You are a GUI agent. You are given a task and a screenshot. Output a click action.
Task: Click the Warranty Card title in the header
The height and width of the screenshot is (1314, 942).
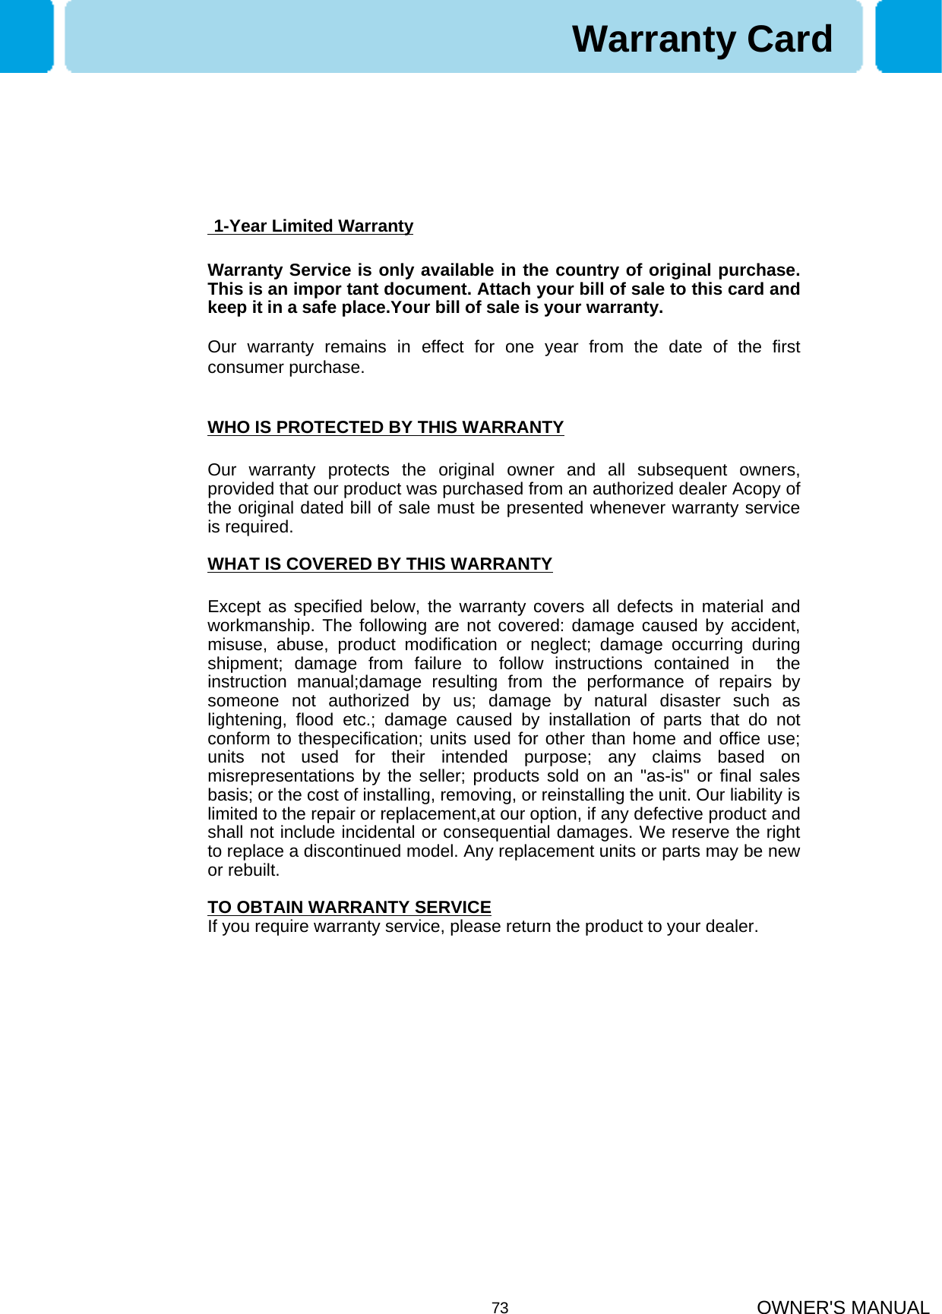702,39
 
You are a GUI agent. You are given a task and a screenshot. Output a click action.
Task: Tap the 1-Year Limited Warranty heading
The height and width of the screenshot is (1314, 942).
312,226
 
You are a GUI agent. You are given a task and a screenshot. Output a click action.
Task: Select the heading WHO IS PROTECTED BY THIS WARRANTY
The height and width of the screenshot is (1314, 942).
385,428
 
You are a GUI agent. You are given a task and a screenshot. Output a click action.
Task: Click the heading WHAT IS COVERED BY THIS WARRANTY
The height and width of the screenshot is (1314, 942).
380,564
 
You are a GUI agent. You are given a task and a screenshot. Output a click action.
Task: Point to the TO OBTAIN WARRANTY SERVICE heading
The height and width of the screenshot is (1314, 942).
349,908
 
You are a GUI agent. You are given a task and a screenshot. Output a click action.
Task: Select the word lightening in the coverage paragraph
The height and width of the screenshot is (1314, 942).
245,720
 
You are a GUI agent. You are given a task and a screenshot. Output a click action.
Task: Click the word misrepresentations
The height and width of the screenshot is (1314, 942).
281,776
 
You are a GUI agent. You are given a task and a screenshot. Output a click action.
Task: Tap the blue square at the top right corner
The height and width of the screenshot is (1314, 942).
908,36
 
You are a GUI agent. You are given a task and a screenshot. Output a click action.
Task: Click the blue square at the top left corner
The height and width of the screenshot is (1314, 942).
27,36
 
